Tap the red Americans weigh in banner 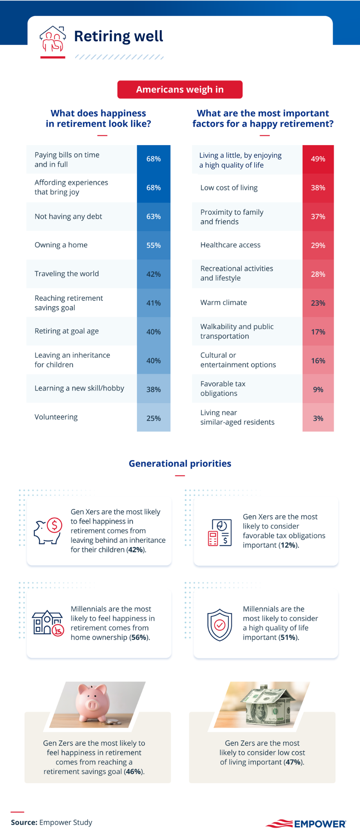point(180,90)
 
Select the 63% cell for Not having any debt point(154,217)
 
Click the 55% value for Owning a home point(154,245)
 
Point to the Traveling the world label point(67,274)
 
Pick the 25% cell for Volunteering point(154,418)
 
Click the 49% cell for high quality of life point(318,159)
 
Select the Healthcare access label point(230,245)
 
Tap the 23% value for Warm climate point(318,303)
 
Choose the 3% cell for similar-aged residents point(318,418)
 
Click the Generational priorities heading point(180,463)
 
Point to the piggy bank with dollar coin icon point(48,531)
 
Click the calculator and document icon point(220,533)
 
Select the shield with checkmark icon point(219,625)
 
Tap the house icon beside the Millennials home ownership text point(48,623)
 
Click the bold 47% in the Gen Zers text point(293,762)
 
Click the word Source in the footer point(24,822)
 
